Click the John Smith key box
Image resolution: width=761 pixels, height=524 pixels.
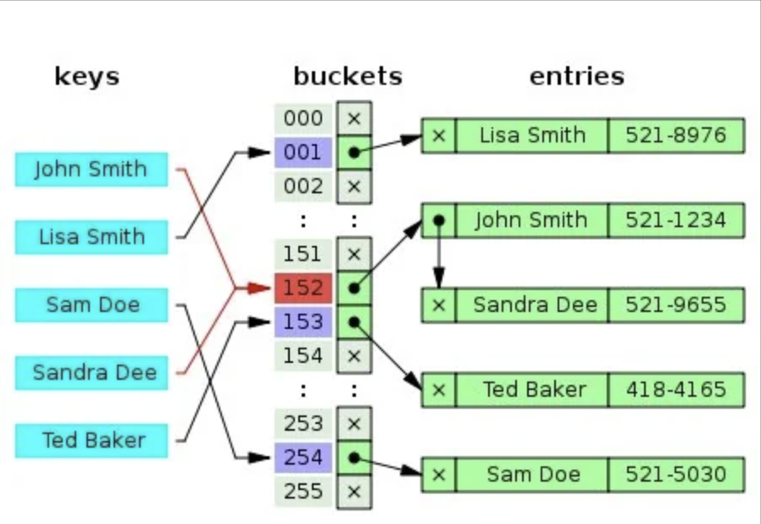coord(91,169)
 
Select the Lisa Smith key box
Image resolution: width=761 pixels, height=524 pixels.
coord(91,237)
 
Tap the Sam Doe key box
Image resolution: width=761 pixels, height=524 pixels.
coord(91,304)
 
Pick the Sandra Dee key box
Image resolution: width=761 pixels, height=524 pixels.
coord(91,372)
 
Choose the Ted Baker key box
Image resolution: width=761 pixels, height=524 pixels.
coord(91,440)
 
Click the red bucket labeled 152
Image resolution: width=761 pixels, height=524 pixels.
coord(303,287)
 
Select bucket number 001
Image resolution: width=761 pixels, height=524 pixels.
coord(303,153)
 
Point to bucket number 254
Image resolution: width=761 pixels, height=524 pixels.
coord(303,457)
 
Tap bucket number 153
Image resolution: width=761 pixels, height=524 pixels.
coord(303,321)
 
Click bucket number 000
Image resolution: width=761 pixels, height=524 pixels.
coord(303,119)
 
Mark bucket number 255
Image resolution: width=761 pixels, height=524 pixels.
coord(303,491)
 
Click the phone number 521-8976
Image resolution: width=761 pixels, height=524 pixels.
coord(675,136)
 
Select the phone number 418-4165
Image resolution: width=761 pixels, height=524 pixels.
coord(675,390)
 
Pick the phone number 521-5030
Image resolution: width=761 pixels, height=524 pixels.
coord(675,474)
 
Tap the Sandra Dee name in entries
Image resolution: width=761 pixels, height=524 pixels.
coord(531,305)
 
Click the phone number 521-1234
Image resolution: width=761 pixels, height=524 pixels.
coord(675,220)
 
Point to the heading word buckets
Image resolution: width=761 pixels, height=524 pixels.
coord(347,76)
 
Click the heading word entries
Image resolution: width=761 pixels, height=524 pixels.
coord(576,76)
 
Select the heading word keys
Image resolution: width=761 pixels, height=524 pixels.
coord(86,76)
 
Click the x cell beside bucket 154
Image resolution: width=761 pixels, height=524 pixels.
coord(353,355)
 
